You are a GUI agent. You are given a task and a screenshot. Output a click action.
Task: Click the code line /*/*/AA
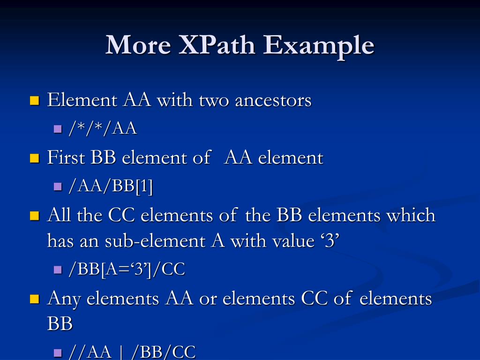(x=103, y=128)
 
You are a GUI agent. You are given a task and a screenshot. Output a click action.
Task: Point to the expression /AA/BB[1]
(x=111, y=186)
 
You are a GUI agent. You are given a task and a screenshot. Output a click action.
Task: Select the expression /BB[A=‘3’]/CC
(x=127, y=269)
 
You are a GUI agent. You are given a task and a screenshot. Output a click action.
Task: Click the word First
(x=67, y=157)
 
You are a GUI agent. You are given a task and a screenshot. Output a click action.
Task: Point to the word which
(x=411, y=215)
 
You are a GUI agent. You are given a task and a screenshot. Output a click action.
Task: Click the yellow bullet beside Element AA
(x=34, y=100)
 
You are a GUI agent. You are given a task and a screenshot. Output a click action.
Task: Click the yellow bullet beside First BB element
(x=34, y=158)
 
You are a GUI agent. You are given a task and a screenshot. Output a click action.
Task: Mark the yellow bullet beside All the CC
(x=34, y=216)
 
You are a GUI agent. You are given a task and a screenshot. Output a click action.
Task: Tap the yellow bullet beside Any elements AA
(x=34, y=299)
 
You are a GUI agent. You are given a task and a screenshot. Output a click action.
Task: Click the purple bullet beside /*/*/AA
(x=58, y=128)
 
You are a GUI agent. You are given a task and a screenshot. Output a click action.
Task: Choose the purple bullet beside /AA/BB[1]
(x=58, y=187)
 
